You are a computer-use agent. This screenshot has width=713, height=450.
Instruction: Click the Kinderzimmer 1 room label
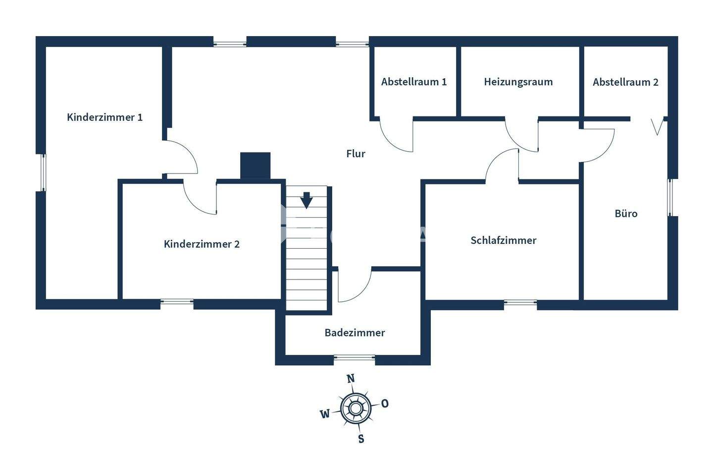coord(104,117)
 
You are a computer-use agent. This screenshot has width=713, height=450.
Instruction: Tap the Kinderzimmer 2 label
coord(202,244)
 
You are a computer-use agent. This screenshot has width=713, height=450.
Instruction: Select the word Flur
coord(356,154)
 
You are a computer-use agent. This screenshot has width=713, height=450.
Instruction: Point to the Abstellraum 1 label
coord(414,82)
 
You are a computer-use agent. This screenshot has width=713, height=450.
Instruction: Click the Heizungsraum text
coord(518,82)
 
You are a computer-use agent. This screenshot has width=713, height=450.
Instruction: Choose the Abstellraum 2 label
coord(625,82)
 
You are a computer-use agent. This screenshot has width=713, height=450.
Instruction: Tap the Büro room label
coord(626,214)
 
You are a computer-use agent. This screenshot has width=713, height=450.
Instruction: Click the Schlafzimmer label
coord(503,240)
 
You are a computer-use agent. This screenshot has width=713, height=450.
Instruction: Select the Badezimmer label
coord(355,333)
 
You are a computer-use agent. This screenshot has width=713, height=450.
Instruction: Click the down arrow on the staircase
coord(306,200)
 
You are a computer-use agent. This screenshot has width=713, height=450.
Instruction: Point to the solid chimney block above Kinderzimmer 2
coord(255,165)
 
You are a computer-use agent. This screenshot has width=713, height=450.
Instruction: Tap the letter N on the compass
coord(351,379)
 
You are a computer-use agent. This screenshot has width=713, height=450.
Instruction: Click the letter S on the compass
coord(361,439)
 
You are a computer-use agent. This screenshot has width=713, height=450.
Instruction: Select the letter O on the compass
coord(385,403)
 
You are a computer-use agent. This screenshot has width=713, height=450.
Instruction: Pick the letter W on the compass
coord(325,414)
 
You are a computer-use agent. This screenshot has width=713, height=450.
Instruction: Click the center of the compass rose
coord(356,408)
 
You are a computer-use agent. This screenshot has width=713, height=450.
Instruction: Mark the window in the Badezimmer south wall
coord(355,357)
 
